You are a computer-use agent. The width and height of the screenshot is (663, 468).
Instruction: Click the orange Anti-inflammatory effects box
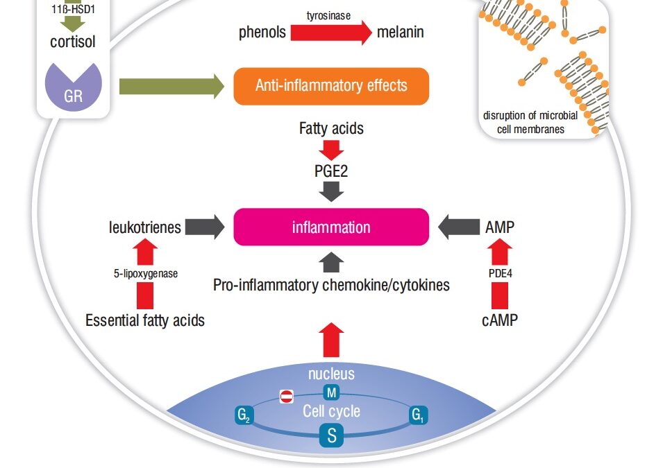click(331, 86)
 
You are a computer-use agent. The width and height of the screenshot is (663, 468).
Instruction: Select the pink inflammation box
click(331, 227)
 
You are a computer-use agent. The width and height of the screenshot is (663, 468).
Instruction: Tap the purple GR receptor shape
click(73, 87)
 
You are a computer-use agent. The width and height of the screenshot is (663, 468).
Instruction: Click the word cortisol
click(72, 42)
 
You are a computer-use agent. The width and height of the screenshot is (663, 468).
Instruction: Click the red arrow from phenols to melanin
click(330, 32)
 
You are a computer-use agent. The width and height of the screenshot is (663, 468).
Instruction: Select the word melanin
click(400, 32)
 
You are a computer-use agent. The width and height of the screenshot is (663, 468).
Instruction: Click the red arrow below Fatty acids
click(332, 148)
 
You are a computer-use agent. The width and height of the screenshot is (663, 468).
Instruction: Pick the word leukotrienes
click(145, 227)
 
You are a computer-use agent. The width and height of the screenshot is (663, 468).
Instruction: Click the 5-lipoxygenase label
click(146, 273)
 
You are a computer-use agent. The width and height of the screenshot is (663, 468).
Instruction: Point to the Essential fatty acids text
click(145, 320)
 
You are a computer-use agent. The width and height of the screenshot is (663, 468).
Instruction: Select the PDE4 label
click(499, 273)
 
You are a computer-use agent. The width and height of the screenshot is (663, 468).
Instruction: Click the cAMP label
click(500, 320)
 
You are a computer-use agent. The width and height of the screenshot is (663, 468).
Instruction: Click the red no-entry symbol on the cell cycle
click(287, 397)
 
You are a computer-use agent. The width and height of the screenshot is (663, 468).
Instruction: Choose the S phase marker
click(331, 436)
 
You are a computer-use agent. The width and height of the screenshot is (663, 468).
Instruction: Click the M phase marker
click(331, 393)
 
